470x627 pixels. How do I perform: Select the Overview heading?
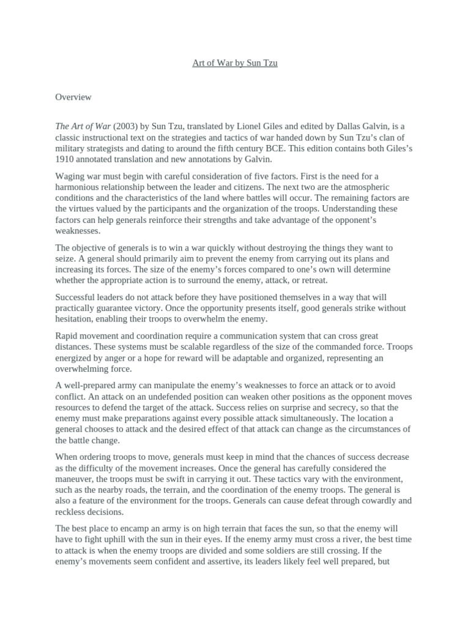(73, 97)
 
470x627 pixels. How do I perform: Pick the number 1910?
(65, 159)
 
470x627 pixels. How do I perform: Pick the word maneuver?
(75, 479)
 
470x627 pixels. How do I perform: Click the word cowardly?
(360, 501)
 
